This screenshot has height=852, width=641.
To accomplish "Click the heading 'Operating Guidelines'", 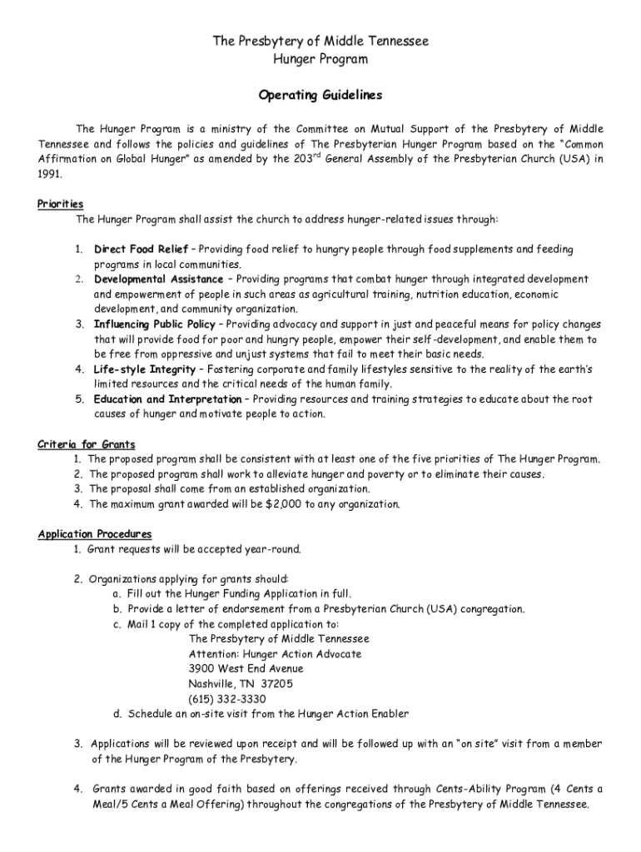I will (320, 96).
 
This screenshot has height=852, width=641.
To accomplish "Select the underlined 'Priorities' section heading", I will (60, 204).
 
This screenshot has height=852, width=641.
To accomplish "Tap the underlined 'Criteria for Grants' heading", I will (87, 444).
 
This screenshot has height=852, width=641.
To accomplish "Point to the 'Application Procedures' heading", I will (95, 534).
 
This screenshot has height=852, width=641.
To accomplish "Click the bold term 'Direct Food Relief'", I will (142, 250).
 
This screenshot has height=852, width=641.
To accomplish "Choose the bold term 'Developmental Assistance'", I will (158, 280).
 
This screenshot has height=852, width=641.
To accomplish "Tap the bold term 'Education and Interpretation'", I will (167, 399).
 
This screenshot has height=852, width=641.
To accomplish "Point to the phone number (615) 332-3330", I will (227, 699).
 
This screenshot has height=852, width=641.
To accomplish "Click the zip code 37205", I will (276, 684).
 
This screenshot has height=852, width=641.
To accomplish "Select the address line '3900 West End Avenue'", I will (246, 669).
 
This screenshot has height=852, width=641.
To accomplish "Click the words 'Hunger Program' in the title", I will (320, 60).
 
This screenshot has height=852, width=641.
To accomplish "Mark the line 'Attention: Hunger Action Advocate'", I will (275, 654).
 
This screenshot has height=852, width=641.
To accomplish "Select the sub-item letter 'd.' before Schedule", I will (119, 714).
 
